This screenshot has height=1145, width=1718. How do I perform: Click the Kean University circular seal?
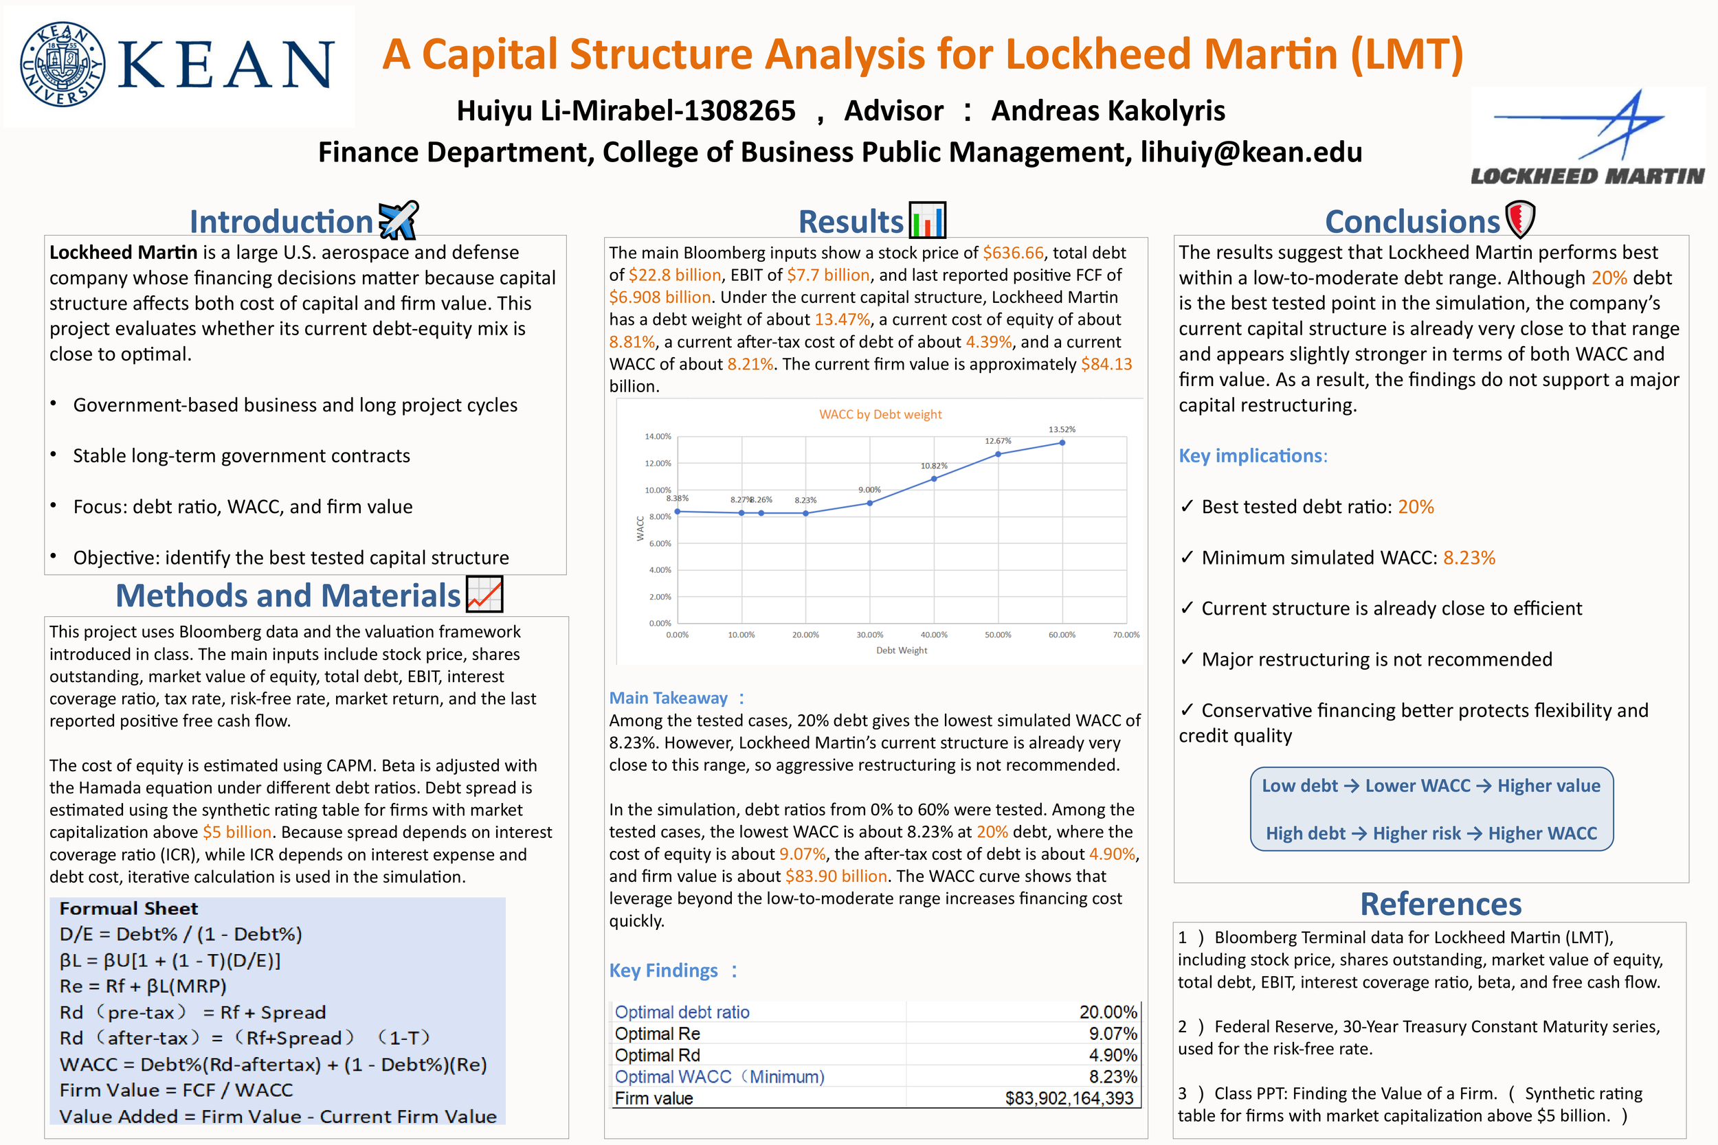pos(62,65)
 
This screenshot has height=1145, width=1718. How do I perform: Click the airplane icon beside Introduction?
pos(398,220)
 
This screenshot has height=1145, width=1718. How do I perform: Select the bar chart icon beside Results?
pos(927,220)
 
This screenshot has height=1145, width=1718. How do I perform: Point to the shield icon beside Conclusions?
pos(1520,219)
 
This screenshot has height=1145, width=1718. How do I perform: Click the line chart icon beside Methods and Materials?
pos(484,594)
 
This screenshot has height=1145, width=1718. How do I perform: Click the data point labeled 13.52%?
pos(1062,442)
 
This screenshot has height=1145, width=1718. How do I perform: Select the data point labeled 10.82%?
pos(933,479)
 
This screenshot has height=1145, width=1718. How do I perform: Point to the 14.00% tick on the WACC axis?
pos(658,437)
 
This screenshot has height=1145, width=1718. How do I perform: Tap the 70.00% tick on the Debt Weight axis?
pos(1126,635)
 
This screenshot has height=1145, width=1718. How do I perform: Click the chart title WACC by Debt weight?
pos(880,415)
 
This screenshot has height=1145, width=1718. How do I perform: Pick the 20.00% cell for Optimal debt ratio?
pos(1107,1012)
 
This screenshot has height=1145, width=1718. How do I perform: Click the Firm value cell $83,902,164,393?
pos(1069,1098)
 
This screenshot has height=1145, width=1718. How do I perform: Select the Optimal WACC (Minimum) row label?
pos(719,1076)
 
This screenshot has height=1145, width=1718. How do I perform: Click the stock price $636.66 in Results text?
pos(1013,253)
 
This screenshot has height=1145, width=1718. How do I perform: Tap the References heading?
pos(1440,904)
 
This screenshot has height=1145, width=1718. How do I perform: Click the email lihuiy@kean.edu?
pos(1251,152)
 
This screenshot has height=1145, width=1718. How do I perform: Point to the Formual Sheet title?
pos(129,909)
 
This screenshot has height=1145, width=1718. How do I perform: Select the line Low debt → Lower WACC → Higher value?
pos(1431,786)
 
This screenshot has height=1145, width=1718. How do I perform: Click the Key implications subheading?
pos(1252,455)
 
